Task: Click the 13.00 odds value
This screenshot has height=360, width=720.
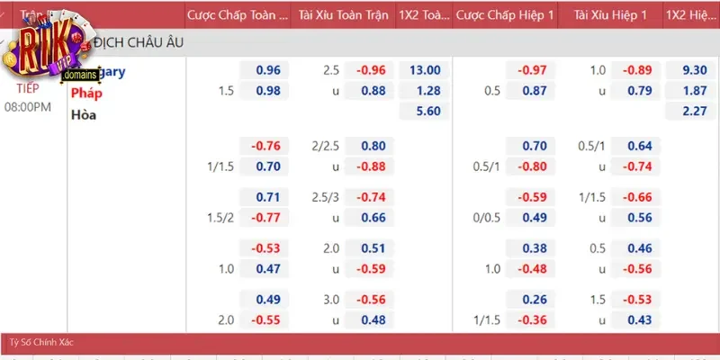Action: [424, 70]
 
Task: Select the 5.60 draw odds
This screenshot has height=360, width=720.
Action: [424, 112]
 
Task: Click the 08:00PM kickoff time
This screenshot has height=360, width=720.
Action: [28, 106]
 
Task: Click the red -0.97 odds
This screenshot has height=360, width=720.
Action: [532, 70]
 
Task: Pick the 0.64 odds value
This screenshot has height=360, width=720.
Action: [639, 146]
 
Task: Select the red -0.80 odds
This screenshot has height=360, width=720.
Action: [532, 166]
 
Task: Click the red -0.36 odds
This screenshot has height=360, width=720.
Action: [532, 319]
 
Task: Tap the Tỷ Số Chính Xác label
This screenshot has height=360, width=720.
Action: [41, 343]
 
